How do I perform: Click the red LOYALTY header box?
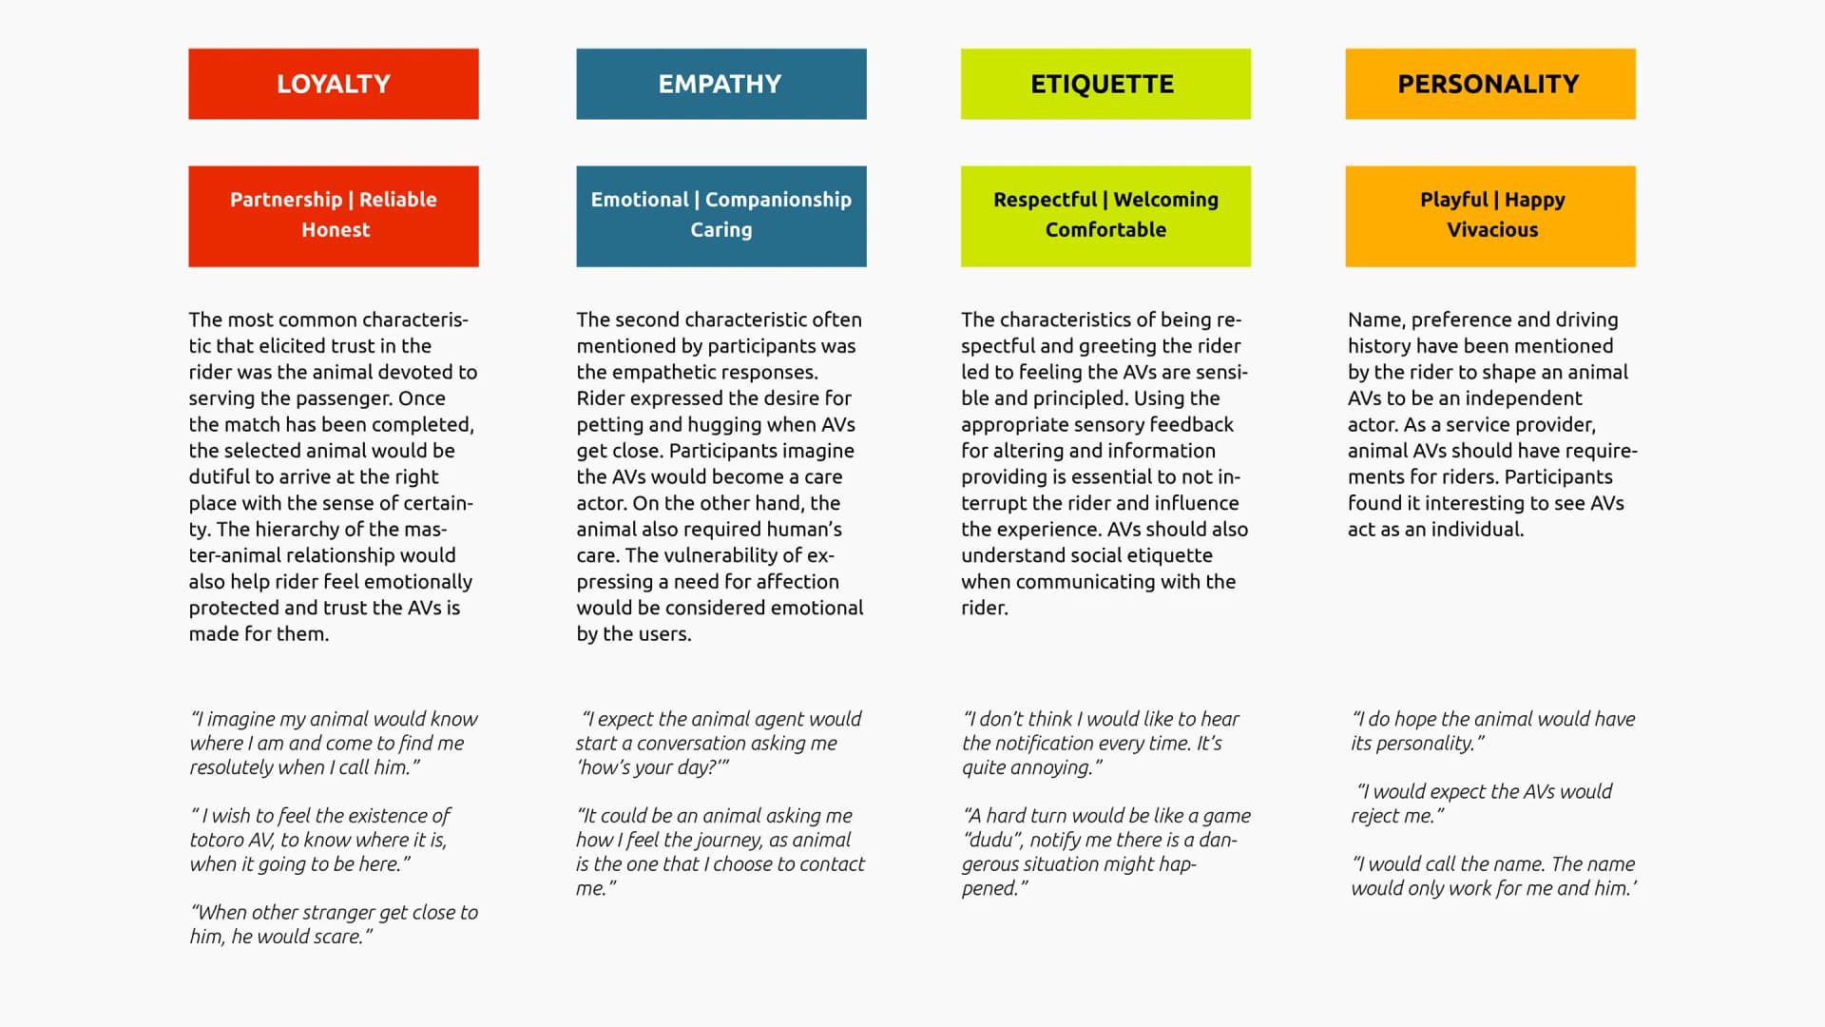click(x=333, y=84)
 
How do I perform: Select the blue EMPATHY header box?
click(x=720, y=84)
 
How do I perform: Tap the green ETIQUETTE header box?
click(x=1105, y=84)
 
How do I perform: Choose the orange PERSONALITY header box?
click(x=1489, y=84)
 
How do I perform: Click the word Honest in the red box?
click(x=336, y=230)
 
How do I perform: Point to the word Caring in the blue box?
click(x=720, y=230)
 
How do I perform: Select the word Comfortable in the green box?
click(x=1105, y=230)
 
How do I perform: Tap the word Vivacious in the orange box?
click(x=1492, y=230)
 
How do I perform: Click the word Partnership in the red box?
click(x=285, y=200)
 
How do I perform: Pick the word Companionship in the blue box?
click(x=778, y=200)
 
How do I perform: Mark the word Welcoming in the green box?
click(x=1165, y=200)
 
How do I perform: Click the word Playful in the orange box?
click(x=1453, y=200)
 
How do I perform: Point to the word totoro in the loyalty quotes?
click(x=217, y=841)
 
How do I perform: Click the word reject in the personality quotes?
click(x=1377, y=817)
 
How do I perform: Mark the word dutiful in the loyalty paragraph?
click(x=221, y=477)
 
